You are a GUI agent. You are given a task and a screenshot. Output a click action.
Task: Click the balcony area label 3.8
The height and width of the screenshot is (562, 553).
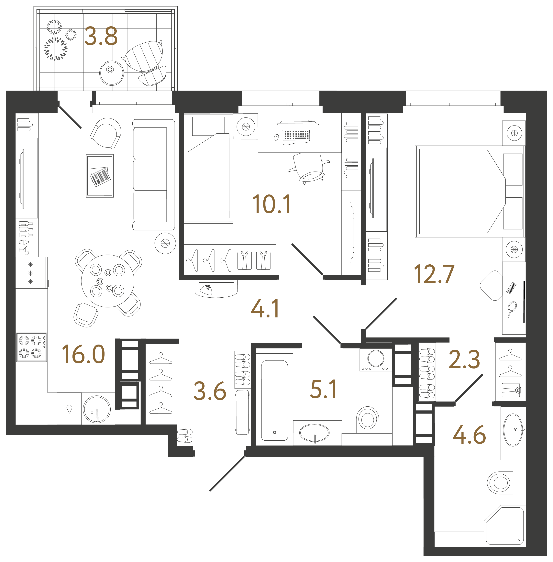coord(101,36)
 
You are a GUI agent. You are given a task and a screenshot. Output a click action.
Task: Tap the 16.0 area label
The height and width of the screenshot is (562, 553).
coord(83,354)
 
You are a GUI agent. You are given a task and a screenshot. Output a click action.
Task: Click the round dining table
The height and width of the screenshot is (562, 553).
coord(108,281)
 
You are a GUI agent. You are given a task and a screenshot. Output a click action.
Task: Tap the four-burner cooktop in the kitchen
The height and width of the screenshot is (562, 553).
coord(32,347)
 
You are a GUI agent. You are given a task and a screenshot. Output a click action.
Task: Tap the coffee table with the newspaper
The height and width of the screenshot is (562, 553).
coord(100,176)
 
